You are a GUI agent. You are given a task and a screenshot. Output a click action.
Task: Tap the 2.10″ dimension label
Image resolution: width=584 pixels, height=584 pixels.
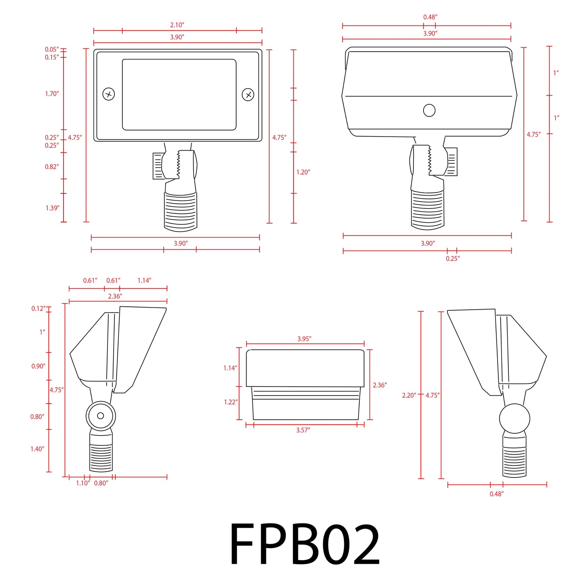(x=177, y=25)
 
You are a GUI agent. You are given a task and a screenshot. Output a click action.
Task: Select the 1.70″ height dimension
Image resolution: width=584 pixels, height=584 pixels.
(x=52, y=94)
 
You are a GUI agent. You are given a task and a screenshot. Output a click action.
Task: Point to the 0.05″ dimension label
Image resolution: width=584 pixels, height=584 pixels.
(x=52, y=49)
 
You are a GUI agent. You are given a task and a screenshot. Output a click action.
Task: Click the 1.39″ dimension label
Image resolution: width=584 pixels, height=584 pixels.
(x=52, y=208)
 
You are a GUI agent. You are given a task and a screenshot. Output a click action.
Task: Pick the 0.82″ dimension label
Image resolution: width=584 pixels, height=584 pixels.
(x=52, y=167)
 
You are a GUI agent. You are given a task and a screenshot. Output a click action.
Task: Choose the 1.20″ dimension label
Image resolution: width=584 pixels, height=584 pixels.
(x=303, y=172)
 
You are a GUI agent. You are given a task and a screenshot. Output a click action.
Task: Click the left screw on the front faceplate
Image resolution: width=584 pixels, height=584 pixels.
(x=109, y=94)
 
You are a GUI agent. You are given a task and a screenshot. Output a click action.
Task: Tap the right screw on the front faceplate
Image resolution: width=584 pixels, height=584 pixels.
(x=248, y=95)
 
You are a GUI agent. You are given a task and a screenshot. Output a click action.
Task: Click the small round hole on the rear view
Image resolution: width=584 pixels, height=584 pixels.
(x=429, y=110)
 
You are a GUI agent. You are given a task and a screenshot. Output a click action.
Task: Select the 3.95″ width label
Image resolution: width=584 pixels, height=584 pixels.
(x=304, y=339)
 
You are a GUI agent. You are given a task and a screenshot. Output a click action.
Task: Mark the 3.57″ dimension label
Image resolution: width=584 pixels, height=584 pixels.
(x=303, y=430)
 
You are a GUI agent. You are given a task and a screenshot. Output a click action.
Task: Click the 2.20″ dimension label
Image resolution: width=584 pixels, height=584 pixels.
(x=409, y=395)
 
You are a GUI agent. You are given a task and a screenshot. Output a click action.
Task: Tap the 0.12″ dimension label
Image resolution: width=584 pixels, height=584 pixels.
(x=38, y=308)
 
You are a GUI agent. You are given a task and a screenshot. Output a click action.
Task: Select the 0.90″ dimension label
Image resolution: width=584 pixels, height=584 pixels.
(x=38, y=366)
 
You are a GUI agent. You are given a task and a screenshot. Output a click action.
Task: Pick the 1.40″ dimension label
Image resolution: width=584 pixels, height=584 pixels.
(x=37, y=449)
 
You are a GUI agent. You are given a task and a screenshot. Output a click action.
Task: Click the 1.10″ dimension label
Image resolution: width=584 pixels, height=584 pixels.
(x=83, y=483)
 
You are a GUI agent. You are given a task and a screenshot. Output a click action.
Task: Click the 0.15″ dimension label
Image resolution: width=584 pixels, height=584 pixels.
(x=52, y=57)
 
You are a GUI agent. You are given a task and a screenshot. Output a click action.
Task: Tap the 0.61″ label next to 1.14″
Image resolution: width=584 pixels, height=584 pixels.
(x=113, y=280)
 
